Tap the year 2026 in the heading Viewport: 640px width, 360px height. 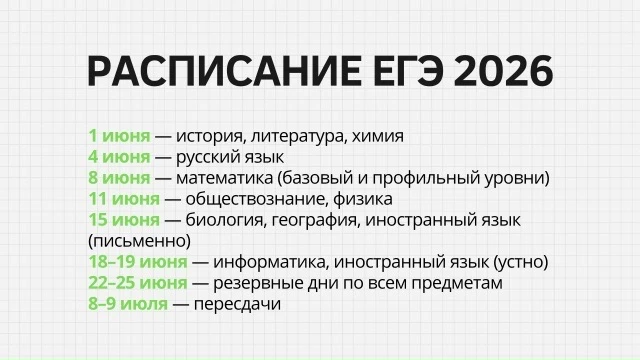pos(503,71)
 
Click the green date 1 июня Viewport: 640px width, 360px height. pos(119,136)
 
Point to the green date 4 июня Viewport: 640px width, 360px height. pos(119,157)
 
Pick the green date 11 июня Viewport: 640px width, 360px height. pos(124,199)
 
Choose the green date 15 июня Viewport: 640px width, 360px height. pos(124,220)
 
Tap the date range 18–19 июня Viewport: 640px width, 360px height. pos(138,262)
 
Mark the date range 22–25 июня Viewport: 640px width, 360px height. pos(138,283)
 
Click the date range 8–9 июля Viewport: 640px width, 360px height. pos(128,304)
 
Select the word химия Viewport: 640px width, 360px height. pos(378,136)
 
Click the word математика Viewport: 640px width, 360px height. pos(224,178)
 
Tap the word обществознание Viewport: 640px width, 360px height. pos(257,199)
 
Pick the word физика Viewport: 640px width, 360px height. pos(363,199)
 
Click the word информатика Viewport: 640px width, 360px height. pos(271,262)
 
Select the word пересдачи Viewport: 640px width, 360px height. pos(237,304)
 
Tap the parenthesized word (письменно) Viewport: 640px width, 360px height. pos(140,241)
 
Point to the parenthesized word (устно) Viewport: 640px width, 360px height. pos(521,262)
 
